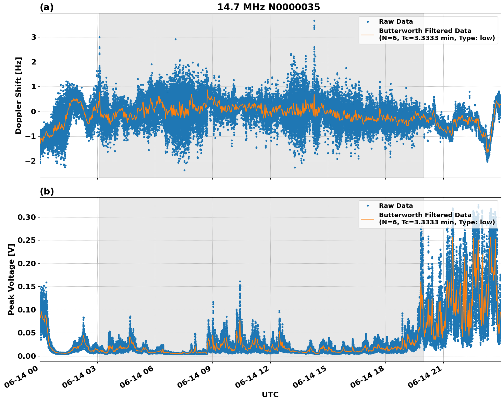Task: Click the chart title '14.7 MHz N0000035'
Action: [269, 7]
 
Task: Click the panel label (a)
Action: [47, 7]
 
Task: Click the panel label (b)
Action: [47, 191]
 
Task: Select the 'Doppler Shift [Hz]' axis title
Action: [19, 95]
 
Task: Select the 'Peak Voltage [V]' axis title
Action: [11, 279]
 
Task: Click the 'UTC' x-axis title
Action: [270, 394]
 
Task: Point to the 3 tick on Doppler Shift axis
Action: [34, 37]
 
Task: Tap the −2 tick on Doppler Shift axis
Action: [32, 161]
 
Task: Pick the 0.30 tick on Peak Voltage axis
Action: [26, 217]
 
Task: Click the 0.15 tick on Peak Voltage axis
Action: [26, 286]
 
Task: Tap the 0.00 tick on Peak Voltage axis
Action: [26, 356]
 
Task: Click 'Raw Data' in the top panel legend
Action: [396, 22]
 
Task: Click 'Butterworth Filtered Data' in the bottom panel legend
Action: [425, 215]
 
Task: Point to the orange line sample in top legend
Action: [368, 34]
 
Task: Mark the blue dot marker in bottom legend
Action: [368, 206]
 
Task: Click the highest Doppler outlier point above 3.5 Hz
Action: [314, 21]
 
